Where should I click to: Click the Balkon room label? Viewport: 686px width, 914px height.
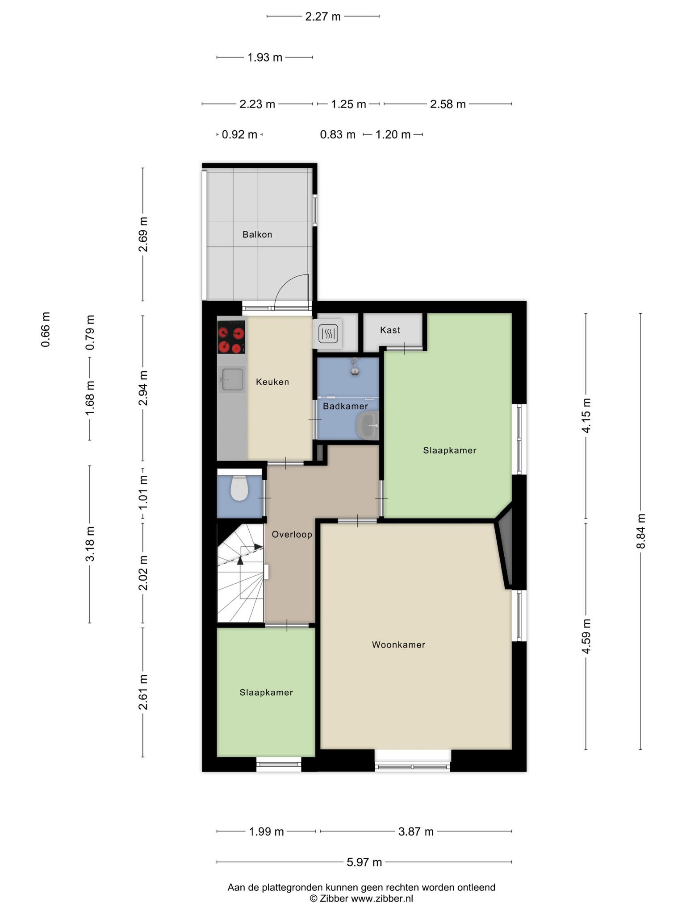pyautogui.click(x=257, y=234)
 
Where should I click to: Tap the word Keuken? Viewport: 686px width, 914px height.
pyautogui.click(x=272, y=382)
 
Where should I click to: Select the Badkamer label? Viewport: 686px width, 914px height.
pyautogui.click(x=345, y=406)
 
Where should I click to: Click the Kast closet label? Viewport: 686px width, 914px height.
pyautogui.click(x=390, y=330)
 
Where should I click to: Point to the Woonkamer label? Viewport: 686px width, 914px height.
pyautogui.click(x=398, y=644)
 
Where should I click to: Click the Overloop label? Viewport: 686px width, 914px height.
pyautogui.click(x=292, y=534)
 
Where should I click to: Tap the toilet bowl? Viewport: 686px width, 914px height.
pyautogui.click(x=239, y=488)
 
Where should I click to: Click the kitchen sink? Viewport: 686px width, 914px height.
pyautogui.click(x=232, y=380)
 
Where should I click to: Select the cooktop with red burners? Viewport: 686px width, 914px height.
pyautogui.click(x=231, y=337)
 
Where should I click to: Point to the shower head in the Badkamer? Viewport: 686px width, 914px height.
pyautogui.click(x=355, y=366)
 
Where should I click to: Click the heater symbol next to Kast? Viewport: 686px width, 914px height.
pyautogui.click(x=329, y=333)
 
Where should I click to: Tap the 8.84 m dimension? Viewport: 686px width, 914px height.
pyautogui.click(x=641, y=531)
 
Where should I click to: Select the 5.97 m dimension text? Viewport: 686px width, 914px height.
pyautogui.click(x=364, y=862)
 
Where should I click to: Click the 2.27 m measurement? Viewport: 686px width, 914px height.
pyautogui.click(x=323, y=17)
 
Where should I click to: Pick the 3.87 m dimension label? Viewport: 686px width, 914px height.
pyautogui.click(x=416, y=831)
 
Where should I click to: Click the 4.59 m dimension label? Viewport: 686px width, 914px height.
pyautogui.click(x=586, y=636)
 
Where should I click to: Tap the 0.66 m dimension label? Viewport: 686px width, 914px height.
pyautogui.click(x=46, y=330)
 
